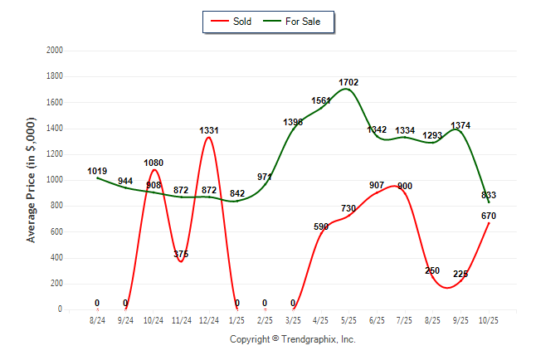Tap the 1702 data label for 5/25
(x=349, y=82)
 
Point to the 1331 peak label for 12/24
(x=209, y=130)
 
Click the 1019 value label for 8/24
(x=97, y=172)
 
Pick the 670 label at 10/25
(x=489, y=216)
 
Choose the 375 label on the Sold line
(x=181, y=254)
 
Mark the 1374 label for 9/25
(x=460, y=125)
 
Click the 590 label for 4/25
(x=321, y=226)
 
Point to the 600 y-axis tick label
(x=56, y=231)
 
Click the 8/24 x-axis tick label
(x=97, y=319)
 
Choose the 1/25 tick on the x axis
(x=237, y=319)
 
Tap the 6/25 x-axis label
(x=377, y=319)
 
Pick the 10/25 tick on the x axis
(x=489, y=319)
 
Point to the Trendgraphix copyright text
(x=292, y=339)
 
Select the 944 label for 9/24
(x=125, y=181)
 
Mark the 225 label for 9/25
(x=461, y=274)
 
